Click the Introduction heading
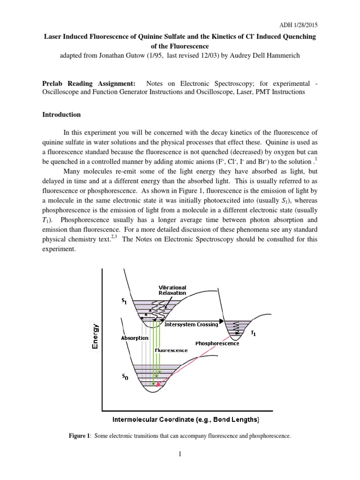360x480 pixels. (x=61, y=114)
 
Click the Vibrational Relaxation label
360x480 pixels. (x=172, y=290)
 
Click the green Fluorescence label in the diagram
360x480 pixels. (x=171, y=350)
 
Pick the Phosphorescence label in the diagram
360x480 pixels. (x=217, y=343)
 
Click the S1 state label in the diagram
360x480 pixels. (x=123, y=302)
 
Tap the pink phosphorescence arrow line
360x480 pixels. (x=197, y=360)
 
